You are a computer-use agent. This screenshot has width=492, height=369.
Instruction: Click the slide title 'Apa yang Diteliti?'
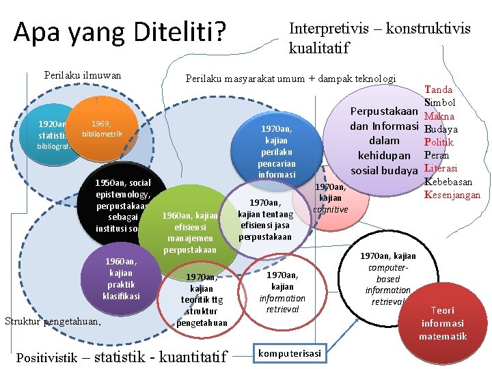(x=120, y=33)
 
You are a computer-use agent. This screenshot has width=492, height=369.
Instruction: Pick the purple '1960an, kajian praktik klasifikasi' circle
(x=121, y=278)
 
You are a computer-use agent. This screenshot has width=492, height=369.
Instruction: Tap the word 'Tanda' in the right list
(x=438, y=90)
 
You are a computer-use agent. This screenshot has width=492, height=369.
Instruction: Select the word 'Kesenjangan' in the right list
(x=452, y=195)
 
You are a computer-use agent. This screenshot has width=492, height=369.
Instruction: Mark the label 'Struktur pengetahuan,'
(x=53, y=320)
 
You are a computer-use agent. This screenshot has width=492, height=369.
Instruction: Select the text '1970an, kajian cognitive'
(x=331, y=197)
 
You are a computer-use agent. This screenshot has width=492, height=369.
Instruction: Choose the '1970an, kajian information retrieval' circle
(x=282, y=287)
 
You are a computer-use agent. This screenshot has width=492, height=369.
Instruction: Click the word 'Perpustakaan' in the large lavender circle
(x=384, y=111)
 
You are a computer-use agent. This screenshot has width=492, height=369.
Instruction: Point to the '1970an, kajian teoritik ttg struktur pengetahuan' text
(x=202, y=299)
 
